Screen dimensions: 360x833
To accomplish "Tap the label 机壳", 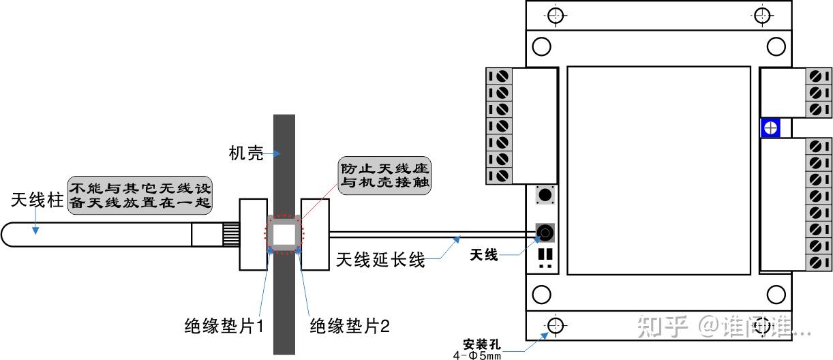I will point(246,153).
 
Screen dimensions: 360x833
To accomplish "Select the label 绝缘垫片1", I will point(224,326).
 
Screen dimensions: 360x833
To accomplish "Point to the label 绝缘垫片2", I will point(349,326).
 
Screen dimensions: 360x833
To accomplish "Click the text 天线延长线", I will point(381,260).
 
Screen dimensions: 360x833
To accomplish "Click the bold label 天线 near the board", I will point(484,256).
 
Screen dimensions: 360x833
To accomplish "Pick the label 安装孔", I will point(481,342).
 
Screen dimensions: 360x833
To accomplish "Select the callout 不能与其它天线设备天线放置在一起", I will point(140,193).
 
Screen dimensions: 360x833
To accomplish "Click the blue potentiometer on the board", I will point(771,127).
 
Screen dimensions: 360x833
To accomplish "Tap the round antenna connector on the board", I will point(545,233).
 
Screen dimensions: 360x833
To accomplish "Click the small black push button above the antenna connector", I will point(545,195).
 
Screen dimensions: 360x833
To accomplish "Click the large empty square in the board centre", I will point(658,170).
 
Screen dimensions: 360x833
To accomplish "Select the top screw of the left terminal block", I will point(501,76).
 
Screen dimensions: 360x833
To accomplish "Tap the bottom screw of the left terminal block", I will point(501,175).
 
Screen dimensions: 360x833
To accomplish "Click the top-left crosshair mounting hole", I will point(557,15).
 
